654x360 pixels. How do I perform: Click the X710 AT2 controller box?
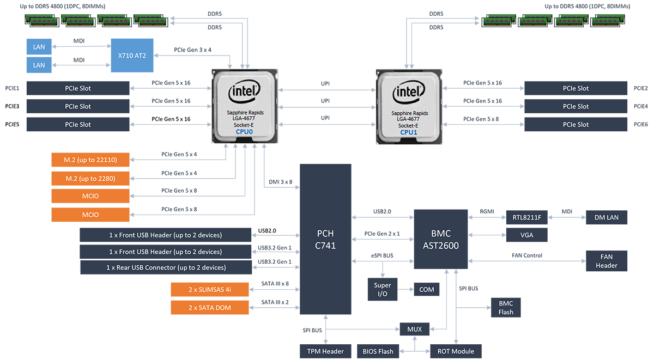[132, 56]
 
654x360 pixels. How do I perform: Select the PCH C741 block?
[325, 239]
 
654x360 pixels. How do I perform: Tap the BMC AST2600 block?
[440, 239]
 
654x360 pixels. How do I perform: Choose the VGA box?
[526, 235]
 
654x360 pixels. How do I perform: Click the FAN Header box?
[607, 261]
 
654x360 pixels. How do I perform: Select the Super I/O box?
[382, 289]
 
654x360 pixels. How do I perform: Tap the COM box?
[427, 289]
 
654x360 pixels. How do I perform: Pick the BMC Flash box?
[506, 307]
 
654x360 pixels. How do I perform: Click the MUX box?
[415, 329]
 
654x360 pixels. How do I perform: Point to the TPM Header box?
[325, 351]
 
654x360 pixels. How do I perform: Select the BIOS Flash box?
[378, 351]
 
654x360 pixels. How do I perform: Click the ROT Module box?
[456, 351]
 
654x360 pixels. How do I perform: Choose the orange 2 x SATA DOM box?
[210, 307]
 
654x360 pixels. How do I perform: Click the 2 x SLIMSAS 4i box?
[210, 289]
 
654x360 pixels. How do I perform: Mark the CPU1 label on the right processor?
[408, 131]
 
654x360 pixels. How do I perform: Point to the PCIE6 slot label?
[641, 125]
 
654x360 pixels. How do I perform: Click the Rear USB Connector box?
[166, 267]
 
